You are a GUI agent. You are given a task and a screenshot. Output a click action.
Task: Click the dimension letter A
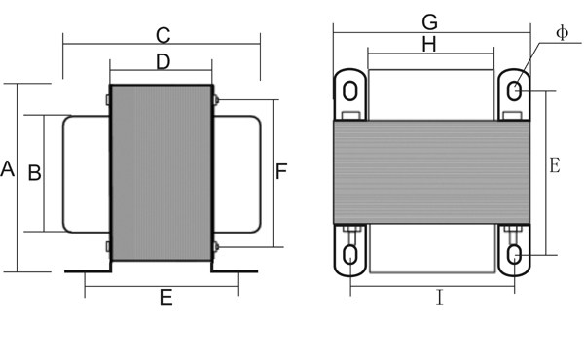(x=8, y=169)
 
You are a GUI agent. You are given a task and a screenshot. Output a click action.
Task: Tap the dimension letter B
(x=35, y=172)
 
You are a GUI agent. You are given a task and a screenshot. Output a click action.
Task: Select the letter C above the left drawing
(x=164, y=36)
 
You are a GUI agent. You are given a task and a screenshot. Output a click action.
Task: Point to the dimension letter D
(x=164, y=62)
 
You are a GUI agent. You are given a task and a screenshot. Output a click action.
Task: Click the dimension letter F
(x=281, y=171)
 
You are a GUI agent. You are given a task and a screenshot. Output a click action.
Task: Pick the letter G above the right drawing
(x=430, y=22)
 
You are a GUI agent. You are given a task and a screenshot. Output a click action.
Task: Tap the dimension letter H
(x=429, y=45)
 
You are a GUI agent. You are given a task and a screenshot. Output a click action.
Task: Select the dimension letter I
(x=440, y=298)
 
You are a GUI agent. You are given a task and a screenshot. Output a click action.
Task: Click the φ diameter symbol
(x=562, y=33)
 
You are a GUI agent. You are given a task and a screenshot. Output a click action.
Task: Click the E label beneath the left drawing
(x=166, y=298)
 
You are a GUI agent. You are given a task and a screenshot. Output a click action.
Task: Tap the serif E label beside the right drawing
(x=555, y=165)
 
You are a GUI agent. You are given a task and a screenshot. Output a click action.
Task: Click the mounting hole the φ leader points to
(x=514, y=91)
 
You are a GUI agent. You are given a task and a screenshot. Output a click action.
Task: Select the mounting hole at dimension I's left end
(x=350, y=255)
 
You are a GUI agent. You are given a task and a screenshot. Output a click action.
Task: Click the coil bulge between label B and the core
(x=87, y=174)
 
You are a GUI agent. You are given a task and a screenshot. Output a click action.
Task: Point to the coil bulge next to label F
(x=237, y=174)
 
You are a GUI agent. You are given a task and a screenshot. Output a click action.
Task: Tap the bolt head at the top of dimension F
(x=216, y=100)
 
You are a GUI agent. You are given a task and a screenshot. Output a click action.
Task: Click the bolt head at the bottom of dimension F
(x=216, y=246)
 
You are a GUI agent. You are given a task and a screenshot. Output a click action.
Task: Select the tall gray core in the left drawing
(x=162, y=173)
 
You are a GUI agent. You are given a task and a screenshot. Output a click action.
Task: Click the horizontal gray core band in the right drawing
(x=431, y=172)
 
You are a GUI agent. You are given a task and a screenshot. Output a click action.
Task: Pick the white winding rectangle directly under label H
(x=431, y=95)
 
